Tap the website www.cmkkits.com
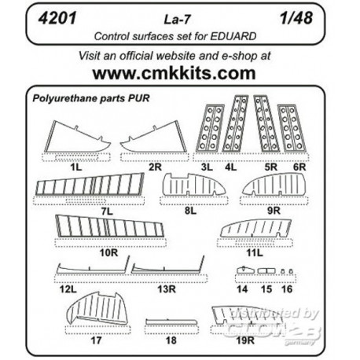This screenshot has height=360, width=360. pos(179,73)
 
